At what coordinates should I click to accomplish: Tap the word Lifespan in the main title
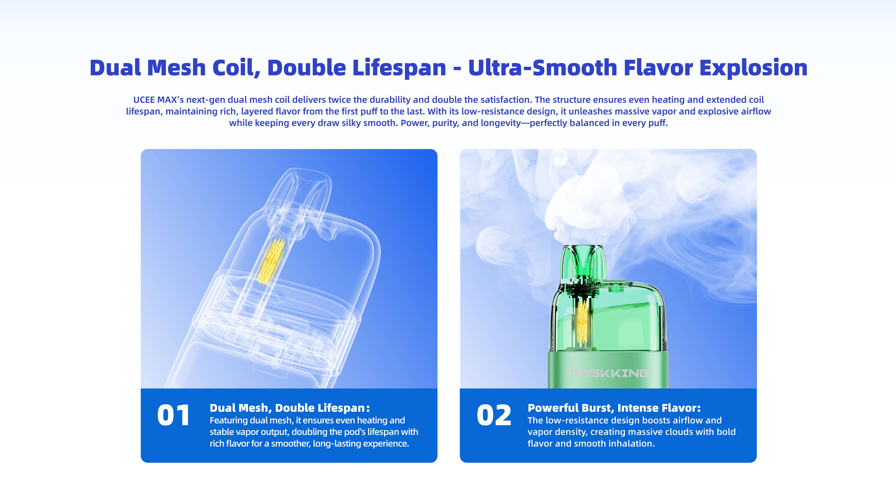pos(399,68)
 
